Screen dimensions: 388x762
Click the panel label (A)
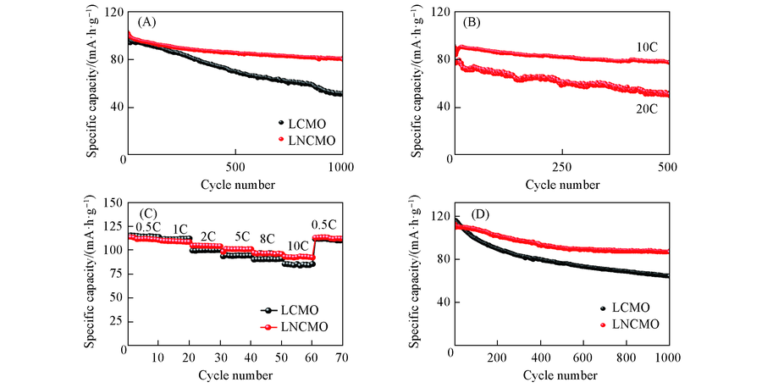click(x=141, y=23)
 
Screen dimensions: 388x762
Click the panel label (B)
click(x=471, y=23)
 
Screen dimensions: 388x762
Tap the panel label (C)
click(x=141, y=213)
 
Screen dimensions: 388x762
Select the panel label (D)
click(x=471, y=213)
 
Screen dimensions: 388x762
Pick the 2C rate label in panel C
click(x=207, y=236)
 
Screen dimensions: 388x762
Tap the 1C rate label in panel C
click(x=179, y=229)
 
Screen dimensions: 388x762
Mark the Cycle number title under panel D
click(x=561, y=374)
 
